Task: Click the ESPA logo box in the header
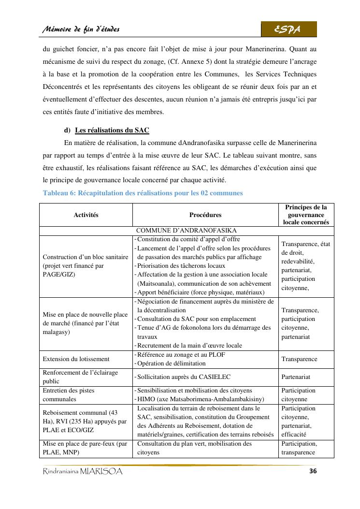click(288, 29)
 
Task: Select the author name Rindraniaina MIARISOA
click(83, 472)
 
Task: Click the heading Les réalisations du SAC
click(112, 130)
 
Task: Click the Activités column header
click(86, 215)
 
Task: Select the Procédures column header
click(205, 215)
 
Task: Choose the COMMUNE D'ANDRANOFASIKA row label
click(186, 231)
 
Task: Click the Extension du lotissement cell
click(76, 359)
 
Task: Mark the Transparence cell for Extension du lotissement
click(299, 359)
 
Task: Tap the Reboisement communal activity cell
click(85, 421)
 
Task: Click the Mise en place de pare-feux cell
click(85, 448)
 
